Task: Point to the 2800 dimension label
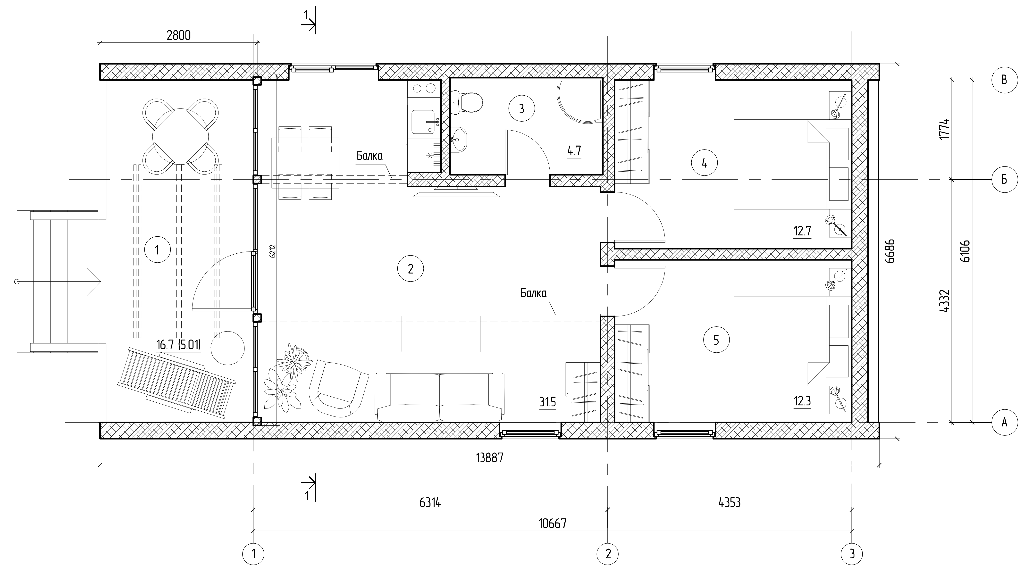click(x=178, y=35)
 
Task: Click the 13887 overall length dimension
click(x=490, y=458)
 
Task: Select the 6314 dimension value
click(x=430, y=503)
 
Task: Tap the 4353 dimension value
click(x=730, y=503)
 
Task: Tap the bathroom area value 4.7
click(x=574, y=151)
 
